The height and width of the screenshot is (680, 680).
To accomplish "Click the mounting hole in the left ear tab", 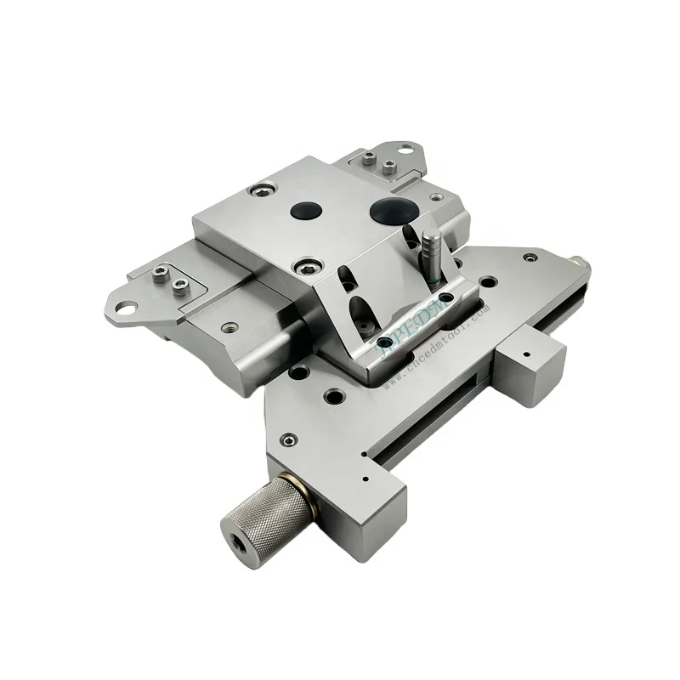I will (124, 303).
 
